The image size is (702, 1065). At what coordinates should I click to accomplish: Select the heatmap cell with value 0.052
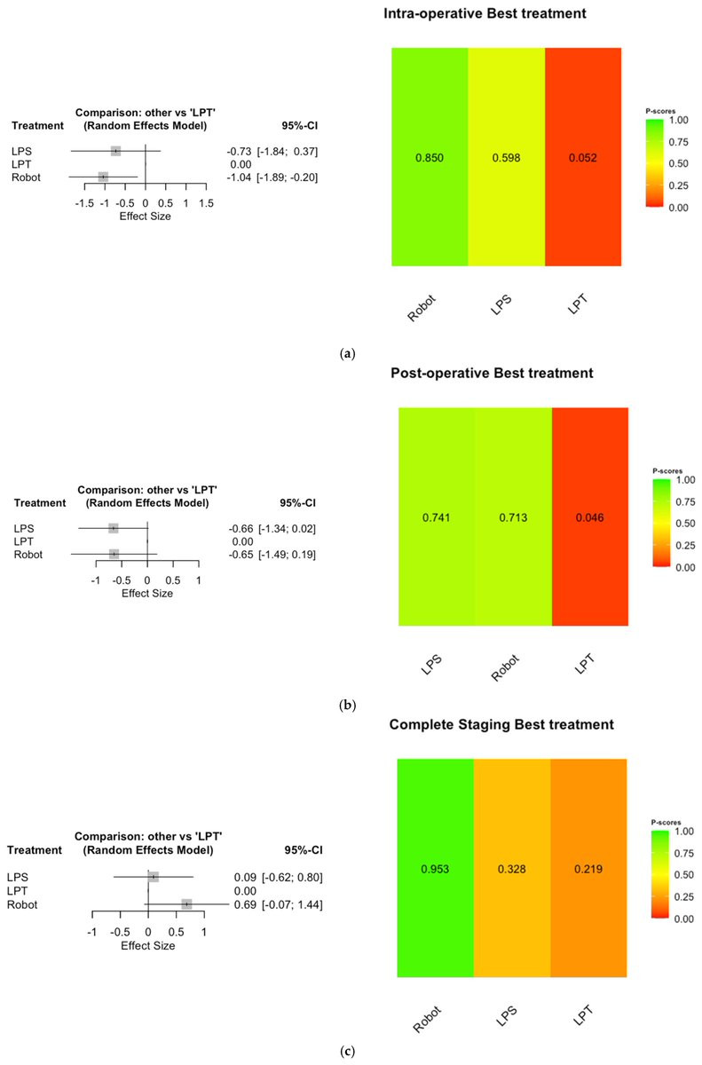click(x=583, y=158)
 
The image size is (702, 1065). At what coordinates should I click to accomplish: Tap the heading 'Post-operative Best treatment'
click(x=492, y=373)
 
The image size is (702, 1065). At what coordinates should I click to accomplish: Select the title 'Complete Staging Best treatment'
click(x=501, y=725)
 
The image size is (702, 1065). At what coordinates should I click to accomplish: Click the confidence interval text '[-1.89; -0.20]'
click(x=288, y=177)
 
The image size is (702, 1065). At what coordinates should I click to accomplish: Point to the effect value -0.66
click(x=241, y=529)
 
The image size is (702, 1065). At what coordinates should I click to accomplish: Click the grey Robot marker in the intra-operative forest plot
click(x=104, y=177)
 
